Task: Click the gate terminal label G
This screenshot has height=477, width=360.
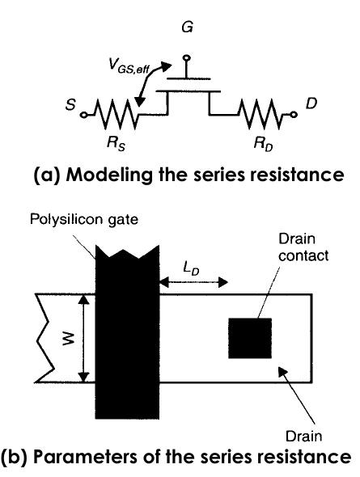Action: pyautogui.click(x=187, y=27)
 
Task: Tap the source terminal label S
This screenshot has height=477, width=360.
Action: pyautogui.click(x=70, y=105)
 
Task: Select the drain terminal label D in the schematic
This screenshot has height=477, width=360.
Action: pyautogui.click(x=311, y=103)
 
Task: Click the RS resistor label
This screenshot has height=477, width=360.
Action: pyautogui.click(x=116, y=144)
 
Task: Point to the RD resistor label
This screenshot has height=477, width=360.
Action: pyautogui.click(x=264, y=144)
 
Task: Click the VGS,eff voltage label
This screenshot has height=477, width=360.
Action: pyautogui.click(x=129, y=66)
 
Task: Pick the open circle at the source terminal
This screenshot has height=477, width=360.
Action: pyautogui.click(x=84, y=115)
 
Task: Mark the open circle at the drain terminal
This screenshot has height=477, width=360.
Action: pyautogui.click(x=293, y=114)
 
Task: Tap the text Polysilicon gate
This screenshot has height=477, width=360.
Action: pyautogui.click(x=84, y=220)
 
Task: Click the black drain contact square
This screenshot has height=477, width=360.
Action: pyautogui.click(x=250, y=338)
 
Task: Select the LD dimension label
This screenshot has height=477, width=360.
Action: pyautogui.click(x=192, y=268)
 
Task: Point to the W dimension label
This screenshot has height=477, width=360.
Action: pyautogui.click(x=67, y=339)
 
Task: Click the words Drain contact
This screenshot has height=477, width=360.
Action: pyautogui.click(x=303, y=247)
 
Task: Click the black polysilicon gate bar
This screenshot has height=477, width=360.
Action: pyautogui.click(x=127, y=332)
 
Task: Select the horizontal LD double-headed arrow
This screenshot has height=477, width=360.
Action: pyautogui.click(x=193, y=283)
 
